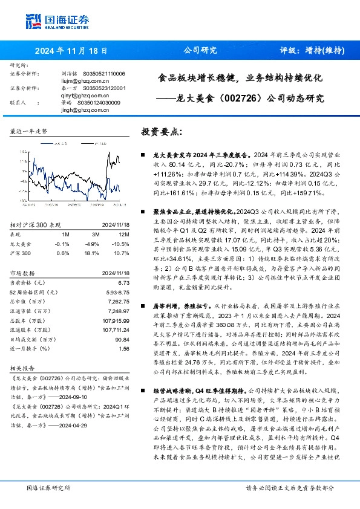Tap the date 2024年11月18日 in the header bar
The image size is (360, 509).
tap(71, 51)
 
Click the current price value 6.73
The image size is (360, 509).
tap(124, 283)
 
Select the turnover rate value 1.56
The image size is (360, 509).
tap(123, 349)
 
